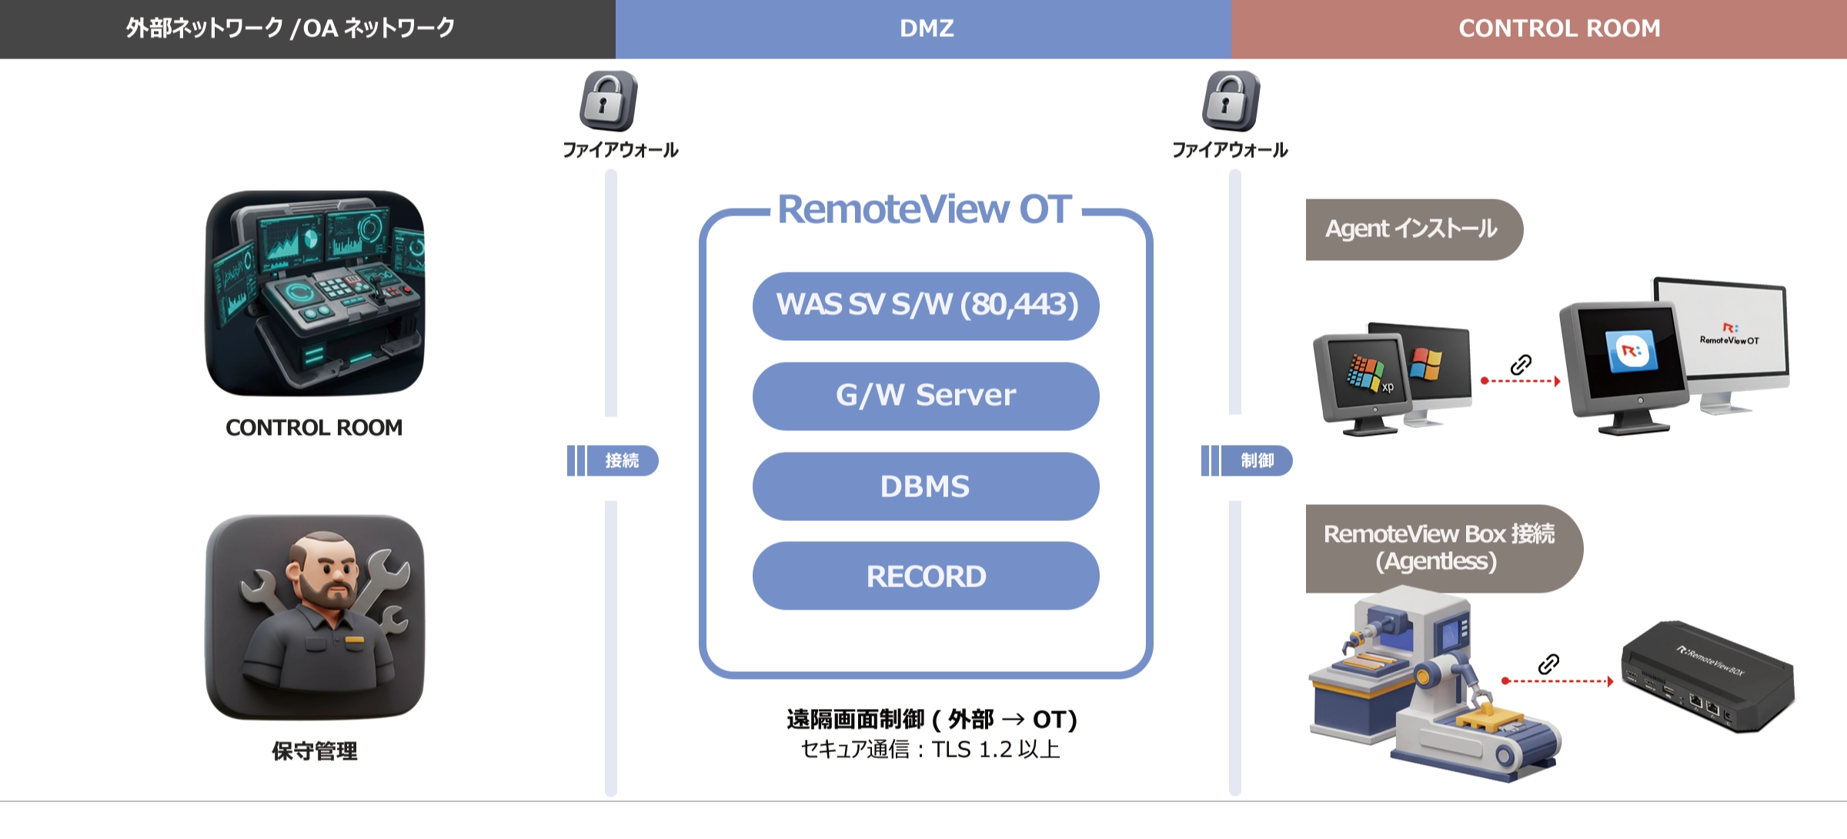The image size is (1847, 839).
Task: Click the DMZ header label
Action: pyautogui.click(x=927, y=28)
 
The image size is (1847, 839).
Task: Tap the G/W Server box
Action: pyautogui.click(x=926, y=396)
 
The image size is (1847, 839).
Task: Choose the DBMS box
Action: pyautogui.click(x=926, y=486)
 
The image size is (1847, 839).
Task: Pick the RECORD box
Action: pyautogui.click(x=926, y=577)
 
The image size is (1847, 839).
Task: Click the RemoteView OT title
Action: pyautogui.click(x=924, y=209)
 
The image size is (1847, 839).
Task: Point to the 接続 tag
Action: pyautogui.click(x=621, y=461)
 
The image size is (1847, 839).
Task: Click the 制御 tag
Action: pyautogui.click(x=1256, y=461)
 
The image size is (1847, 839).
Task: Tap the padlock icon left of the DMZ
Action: pyautogui.click(x=608, y=101)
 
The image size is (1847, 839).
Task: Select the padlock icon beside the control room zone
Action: pyautogui.click(x=1231, y=101)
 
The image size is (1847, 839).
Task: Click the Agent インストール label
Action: pyautogui.click(x=1411, y=229)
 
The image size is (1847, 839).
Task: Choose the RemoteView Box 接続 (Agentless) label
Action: pyautogui.click(x=1438, y=547)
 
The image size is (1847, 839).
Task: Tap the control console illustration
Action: pyautogui.click(x=315, y=293)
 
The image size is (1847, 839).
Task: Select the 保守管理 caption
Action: pyautogui.click(x=315, y=751)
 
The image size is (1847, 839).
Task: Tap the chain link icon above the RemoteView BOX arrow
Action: pyautogui.click(x=1548, y=664)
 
